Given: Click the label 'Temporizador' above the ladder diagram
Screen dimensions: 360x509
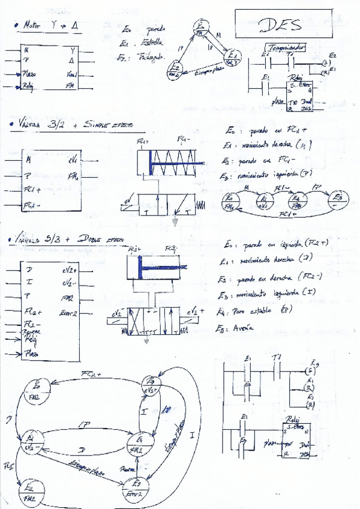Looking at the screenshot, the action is click(x=286, y=46).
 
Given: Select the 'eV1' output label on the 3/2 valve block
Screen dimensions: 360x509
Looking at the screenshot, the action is click(x=71, y=160).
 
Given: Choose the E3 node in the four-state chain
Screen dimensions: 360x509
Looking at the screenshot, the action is click(x=338, y=199).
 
